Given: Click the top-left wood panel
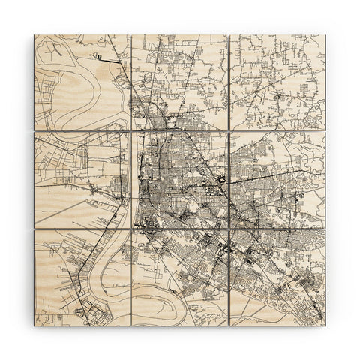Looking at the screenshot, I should pos(81,81).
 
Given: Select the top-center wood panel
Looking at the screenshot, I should pos(179,81).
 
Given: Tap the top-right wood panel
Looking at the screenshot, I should pos(277,81).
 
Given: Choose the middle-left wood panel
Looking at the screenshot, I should pos(81,180).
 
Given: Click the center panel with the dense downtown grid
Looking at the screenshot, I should pos(179,180).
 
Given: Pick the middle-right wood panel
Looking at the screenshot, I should pos(277,180).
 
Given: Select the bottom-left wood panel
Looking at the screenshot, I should pos(81,277).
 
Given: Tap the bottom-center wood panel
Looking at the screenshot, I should pos(179,277).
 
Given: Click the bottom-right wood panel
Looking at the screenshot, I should pos(277,277).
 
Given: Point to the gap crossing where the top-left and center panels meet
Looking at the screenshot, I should pos(130,131).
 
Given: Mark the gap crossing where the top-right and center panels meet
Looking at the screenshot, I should pos(229,131).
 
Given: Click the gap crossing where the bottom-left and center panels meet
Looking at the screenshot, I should pos(130,229).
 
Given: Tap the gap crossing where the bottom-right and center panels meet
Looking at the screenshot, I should pos(229,229).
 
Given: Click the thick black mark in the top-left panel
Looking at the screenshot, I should pos(97,55).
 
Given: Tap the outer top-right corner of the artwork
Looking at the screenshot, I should pos(326,34).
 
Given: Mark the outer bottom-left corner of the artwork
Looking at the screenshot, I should pos(34,325).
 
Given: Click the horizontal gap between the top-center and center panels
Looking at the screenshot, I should pos(179,131).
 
